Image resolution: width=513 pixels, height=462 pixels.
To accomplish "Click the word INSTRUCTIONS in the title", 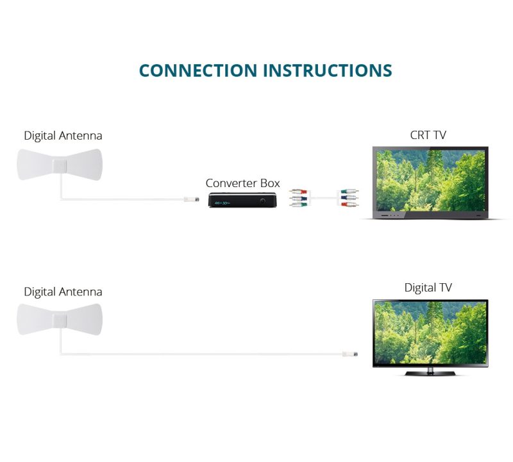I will pos(328,70).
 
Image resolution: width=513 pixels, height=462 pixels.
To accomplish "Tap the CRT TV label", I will pos(428,135).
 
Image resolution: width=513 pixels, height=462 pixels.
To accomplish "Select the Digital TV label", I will pos(428,288).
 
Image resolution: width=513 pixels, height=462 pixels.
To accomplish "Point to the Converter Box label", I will pos(242,183).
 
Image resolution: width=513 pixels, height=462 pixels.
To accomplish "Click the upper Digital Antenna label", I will pos(63,136).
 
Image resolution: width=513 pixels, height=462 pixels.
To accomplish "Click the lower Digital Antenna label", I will pos(63,292).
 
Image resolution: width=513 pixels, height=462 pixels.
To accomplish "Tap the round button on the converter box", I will pos(263,201).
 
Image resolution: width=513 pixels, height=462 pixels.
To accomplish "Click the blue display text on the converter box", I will pos(222,202).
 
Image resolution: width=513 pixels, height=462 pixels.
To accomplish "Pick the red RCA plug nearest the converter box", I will pos(296,191).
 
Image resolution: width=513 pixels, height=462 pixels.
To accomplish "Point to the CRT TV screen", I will pos(430,180).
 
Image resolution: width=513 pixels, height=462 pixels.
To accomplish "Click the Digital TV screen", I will pos(430,333).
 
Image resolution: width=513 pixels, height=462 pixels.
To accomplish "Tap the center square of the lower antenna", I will pos(59,320).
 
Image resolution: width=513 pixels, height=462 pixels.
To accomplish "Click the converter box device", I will pos(244,201).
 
